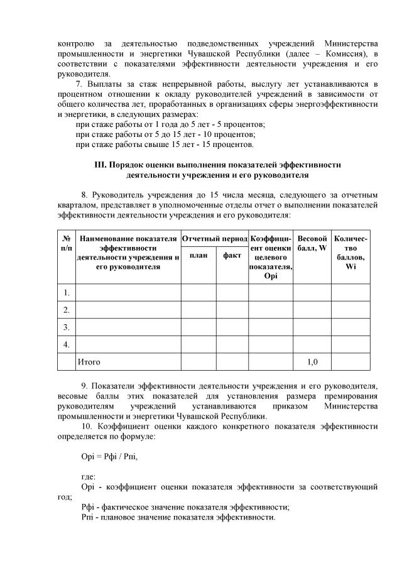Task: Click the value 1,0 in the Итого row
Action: tap(312, 362)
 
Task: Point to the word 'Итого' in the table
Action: tap(89, 362)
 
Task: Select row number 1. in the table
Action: tap(66, 292)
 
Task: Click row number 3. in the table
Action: tap(66, 327)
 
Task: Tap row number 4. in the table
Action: tap(66, 344)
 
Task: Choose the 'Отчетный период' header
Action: tap(215, 239)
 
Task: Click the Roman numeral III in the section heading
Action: tap(100, 165)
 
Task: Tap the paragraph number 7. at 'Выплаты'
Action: tap(79, 84)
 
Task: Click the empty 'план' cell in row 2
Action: tap(198, 310)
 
